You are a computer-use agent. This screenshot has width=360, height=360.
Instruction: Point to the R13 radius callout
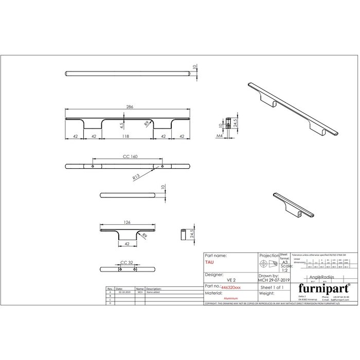pos(136,177)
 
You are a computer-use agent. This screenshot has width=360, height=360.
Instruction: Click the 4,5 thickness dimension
pos(121,125)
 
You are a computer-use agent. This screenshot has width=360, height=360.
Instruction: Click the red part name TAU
pos(209,262)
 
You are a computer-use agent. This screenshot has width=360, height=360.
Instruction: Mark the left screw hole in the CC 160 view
pos(93,167)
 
